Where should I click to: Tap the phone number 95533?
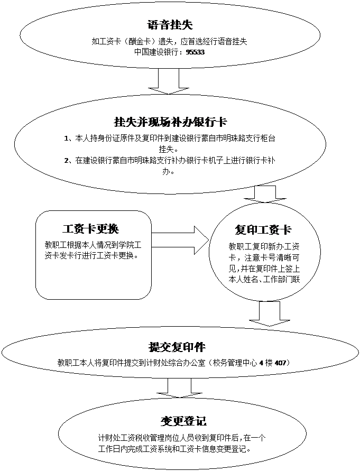pos(195,53)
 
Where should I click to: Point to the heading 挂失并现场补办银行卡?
pos(170,122)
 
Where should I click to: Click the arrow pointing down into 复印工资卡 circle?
pos(265,194)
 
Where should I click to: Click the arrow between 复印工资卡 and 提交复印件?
pos(270,313)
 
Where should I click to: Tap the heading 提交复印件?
pos(177,347)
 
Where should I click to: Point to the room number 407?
pos(280,363)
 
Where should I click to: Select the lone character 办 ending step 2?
pos(170,171)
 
